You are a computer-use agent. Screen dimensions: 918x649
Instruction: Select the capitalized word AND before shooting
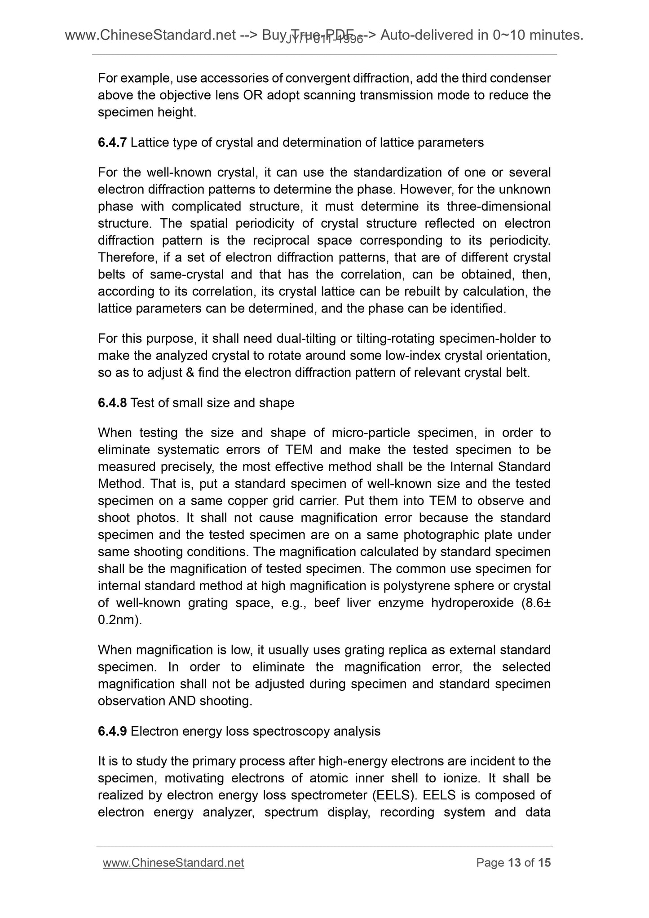click(182, 701)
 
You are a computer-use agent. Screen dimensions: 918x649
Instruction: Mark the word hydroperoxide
click(472, 603)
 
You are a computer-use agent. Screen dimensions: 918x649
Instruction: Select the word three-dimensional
click(499, 207)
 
